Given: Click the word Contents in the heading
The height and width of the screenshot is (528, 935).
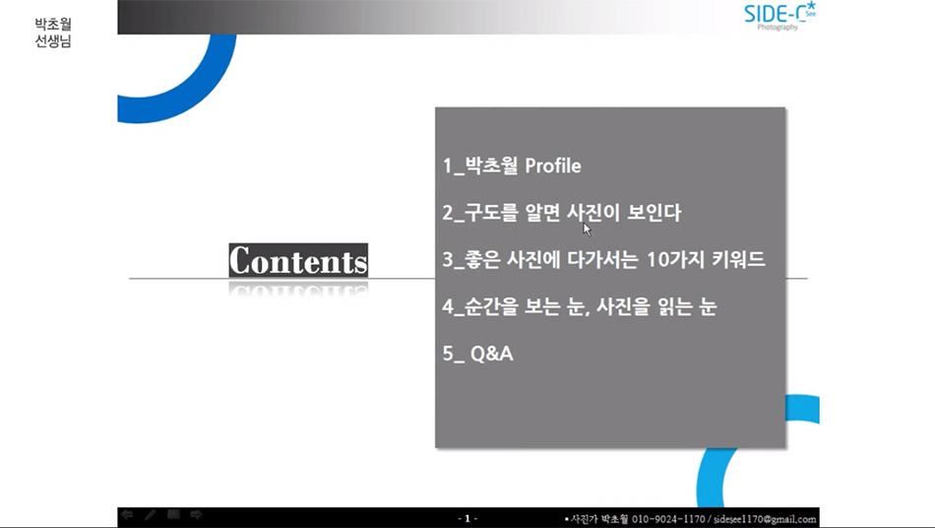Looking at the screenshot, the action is click(x=298, y=260).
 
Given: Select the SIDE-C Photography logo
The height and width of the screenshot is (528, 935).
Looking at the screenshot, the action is click(x=779, y=16).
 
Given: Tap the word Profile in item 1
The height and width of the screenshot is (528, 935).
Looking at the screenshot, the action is click(x=553, y=165).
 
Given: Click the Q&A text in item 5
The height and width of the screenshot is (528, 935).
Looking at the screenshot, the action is click(x=492, y=354).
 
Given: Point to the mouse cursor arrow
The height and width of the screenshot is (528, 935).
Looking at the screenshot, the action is click(x=587, y=230).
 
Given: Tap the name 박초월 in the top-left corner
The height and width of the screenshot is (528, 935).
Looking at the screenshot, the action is click(x=53, y=24).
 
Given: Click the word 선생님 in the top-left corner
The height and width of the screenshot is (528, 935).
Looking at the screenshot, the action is click(x=53, y=40).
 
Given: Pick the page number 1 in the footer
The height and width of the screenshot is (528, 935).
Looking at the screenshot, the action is click(x=467, y=518).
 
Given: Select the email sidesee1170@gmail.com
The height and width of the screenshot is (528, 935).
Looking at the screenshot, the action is click(x=765, y=519).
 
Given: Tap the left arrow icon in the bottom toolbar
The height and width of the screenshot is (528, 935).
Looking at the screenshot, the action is click(x=126, y=514).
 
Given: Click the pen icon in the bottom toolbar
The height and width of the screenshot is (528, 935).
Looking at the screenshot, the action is click(x=150, y=514).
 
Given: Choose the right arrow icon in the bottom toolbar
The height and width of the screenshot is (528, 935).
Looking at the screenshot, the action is click(x=196, y=514).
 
